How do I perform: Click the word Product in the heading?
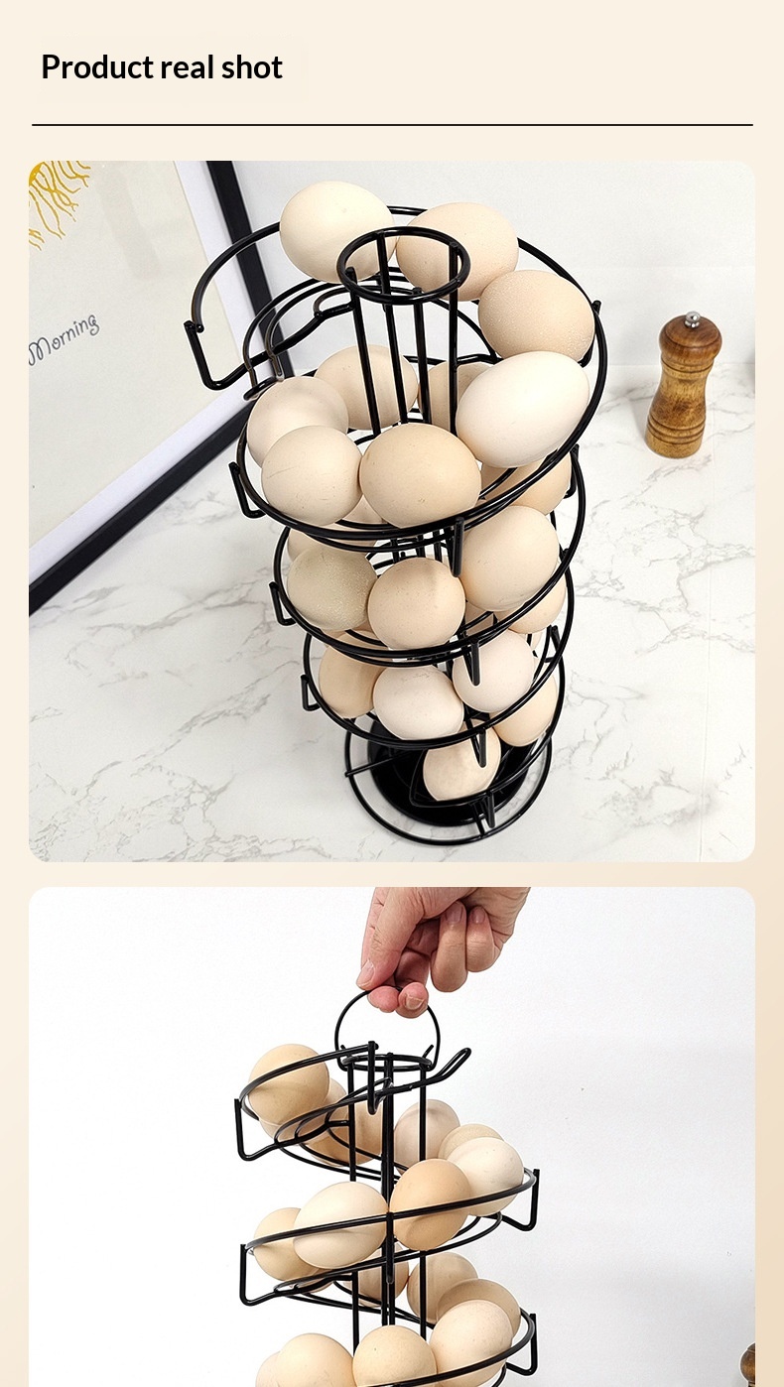click(97, 67)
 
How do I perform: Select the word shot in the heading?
click(251, 66)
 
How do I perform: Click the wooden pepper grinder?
click(683, 385)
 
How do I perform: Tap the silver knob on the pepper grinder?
click(693, 319)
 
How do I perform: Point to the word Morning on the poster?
click(64, 340)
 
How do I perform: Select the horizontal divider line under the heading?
click(392, 125)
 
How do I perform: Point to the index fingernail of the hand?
click(414, 1001)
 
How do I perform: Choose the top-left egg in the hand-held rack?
click(288, 1085)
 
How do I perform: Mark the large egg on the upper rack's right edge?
click(523, 409)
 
